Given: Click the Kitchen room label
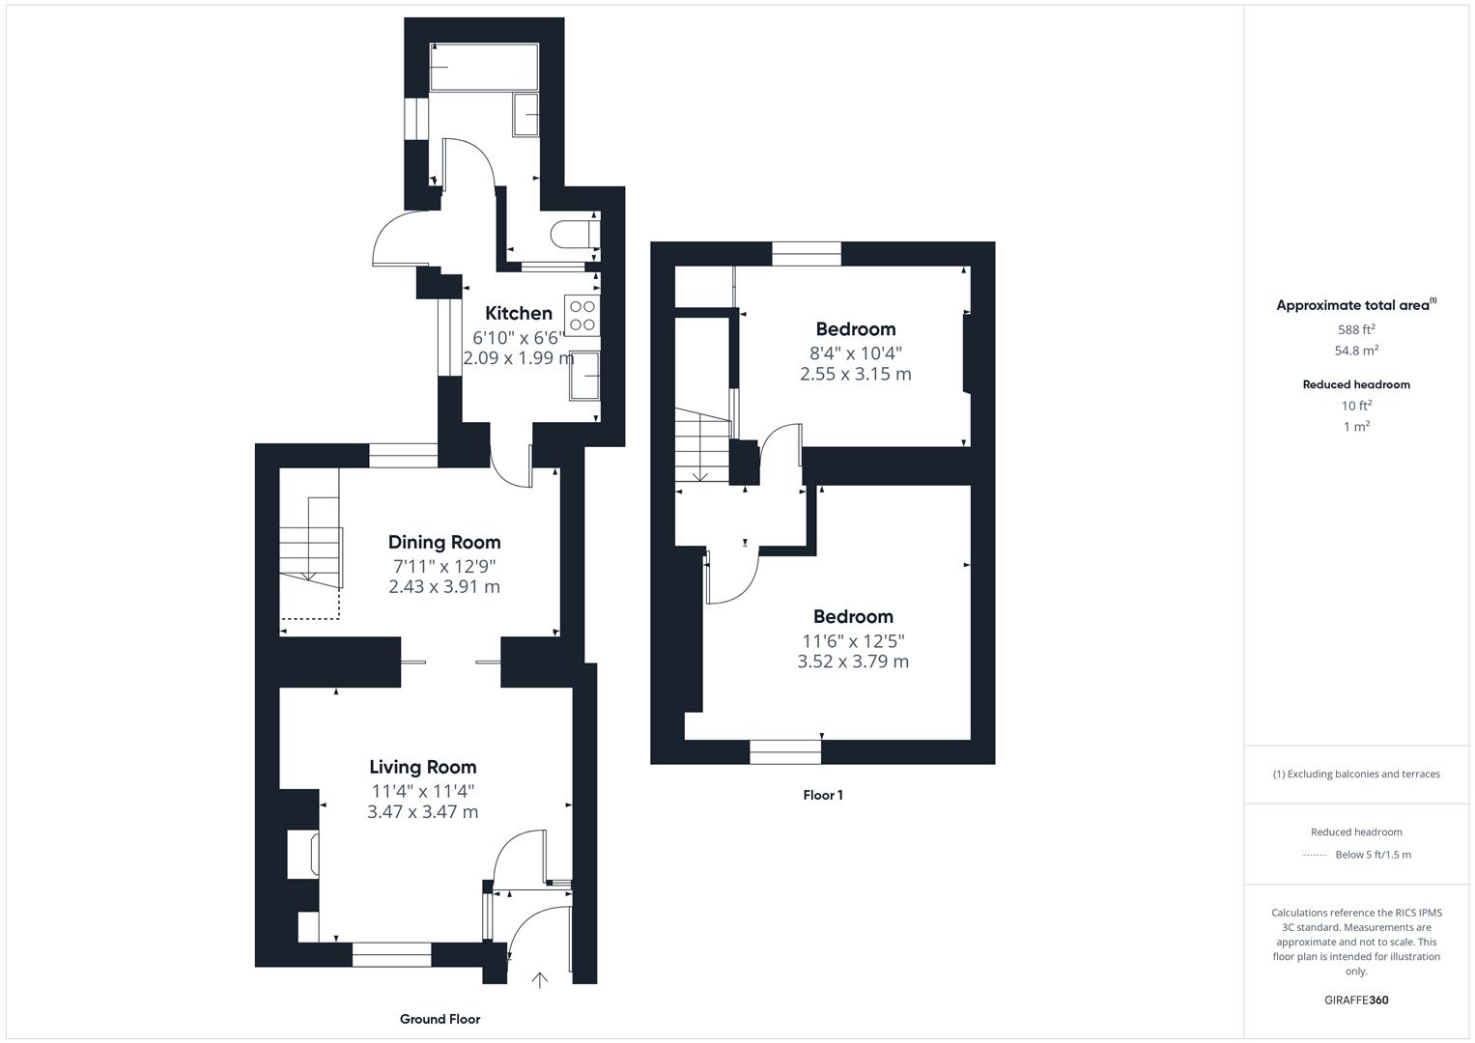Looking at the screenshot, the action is [x=518, y=314].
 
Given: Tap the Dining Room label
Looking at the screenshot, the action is [x=444, y=542].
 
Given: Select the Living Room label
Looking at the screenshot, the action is [x=423, y=767].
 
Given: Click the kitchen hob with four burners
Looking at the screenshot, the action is [x=582, y=316].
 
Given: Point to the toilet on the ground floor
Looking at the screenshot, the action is [x=575, y=234].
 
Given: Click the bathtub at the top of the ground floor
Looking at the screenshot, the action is [x=484, y=67].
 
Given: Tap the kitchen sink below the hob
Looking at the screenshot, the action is [x=584, y=376].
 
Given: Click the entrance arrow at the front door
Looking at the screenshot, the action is [x=539, y=980].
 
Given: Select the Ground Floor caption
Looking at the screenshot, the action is [x=440, y=1019].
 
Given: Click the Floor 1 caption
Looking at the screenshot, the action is [x=822, y=796].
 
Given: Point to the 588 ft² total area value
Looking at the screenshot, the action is [x=1356, y=329].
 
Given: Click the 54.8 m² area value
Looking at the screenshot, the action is [x=1356, y=351].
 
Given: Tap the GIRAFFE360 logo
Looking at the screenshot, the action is [x=1356, y=1001].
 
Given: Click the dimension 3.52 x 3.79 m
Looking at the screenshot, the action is [x=853, y=662].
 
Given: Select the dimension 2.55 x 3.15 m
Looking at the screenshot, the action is [x=856, y=374].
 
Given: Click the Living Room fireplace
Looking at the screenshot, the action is [x=303, y=854].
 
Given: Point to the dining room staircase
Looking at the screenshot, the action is [x=311, y=541].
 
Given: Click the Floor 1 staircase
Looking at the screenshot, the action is [x=702, y=446].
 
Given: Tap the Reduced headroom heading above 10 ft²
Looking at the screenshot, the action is [x=1356, y=384].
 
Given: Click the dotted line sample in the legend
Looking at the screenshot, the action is [x=1315, y=856].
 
